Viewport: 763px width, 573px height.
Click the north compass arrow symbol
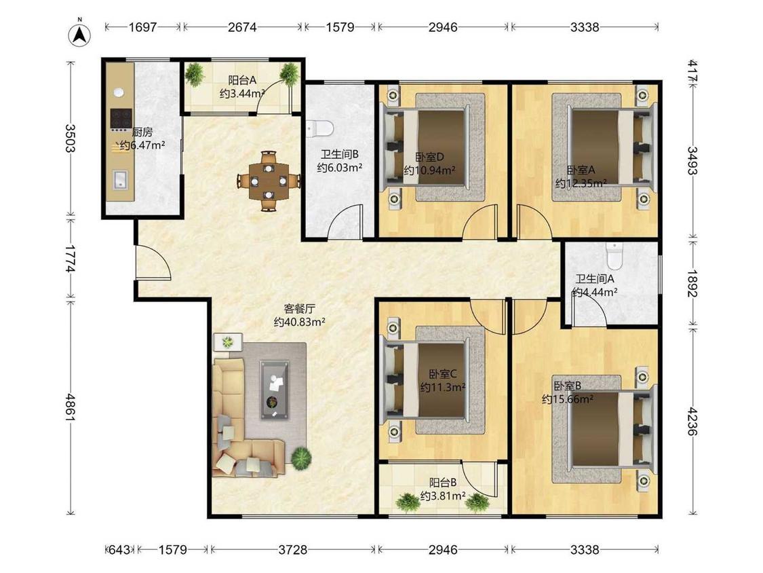click(x=80, y=34)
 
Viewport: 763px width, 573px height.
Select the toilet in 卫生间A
click(x=614, y=256)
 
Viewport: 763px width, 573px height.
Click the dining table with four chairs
click(x=268, y=181)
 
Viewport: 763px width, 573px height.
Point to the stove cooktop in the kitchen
click(x=121, y=118)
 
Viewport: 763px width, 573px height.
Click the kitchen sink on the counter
click(x=119, y=179)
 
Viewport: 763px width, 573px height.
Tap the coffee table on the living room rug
click(x=275, y=389)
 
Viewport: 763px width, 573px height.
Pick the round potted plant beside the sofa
click(x=301, y=458)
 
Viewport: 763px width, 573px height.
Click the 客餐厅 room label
click(x=299, y=308)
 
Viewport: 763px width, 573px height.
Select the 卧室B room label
click(x=568, y=386)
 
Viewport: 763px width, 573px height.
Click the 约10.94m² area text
click(x=430, y=170)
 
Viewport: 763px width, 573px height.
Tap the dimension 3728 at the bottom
click(x=292, y=550)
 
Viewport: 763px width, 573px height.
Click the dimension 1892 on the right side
click(x=693, y=284)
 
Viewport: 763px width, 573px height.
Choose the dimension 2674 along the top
click(x=242, y=27)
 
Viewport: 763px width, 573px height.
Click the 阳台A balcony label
click(x=242, y=80)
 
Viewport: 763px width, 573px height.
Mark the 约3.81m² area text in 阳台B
click(x=443, y=496)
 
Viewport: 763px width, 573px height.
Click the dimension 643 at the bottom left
click(x=119, y=550)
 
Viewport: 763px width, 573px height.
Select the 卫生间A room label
click(x=595, y=279)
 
